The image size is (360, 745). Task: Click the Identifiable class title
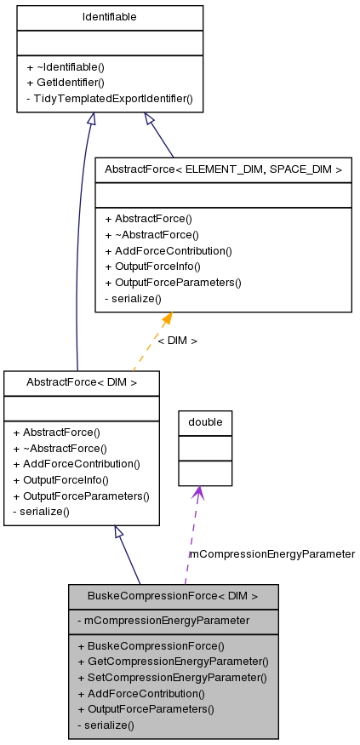click(110, 17)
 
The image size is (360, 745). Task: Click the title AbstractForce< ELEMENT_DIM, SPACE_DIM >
click(223, 169)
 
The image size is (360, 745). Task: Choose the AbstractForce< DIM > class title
click(82, 383)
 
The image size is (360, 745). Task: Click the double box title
click(205, 422)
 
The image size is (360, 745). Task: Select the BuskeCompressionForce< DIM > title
click(173, 596)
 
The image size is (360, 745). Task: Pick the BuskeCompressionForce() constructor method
click(151, 645)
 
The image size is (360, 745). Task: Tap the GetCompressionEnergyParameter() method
click(173, 662)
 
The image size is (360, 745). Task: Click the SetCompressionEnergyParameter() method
click(172, 678)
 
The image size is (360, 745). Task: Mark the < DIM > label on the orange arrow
click(177, 341)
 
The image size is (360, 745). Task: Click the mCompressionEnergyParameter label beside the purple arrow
click(271, 553)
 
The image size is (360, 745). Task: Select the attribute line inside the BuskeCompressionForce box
click(163, 621)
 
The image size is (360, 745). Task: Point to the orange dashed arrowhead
click(167, 318)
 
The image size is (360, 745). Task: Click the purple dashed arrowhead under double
click(197, 492)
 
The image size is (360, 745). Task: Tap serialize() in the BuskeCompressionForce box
click(106, 725)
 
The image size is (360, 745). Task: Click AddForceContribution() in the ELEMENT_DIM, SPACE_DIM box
click(169, 250)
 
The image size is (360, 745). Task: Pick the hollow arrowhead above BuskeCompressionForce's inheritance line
click(120, 532)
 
